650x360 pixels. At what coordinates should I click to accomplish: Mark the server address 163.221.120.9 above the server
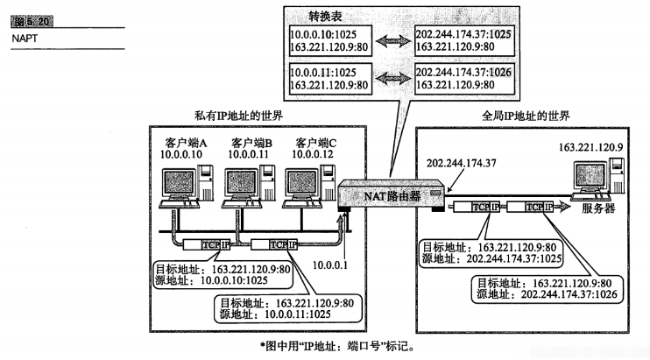587,140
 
